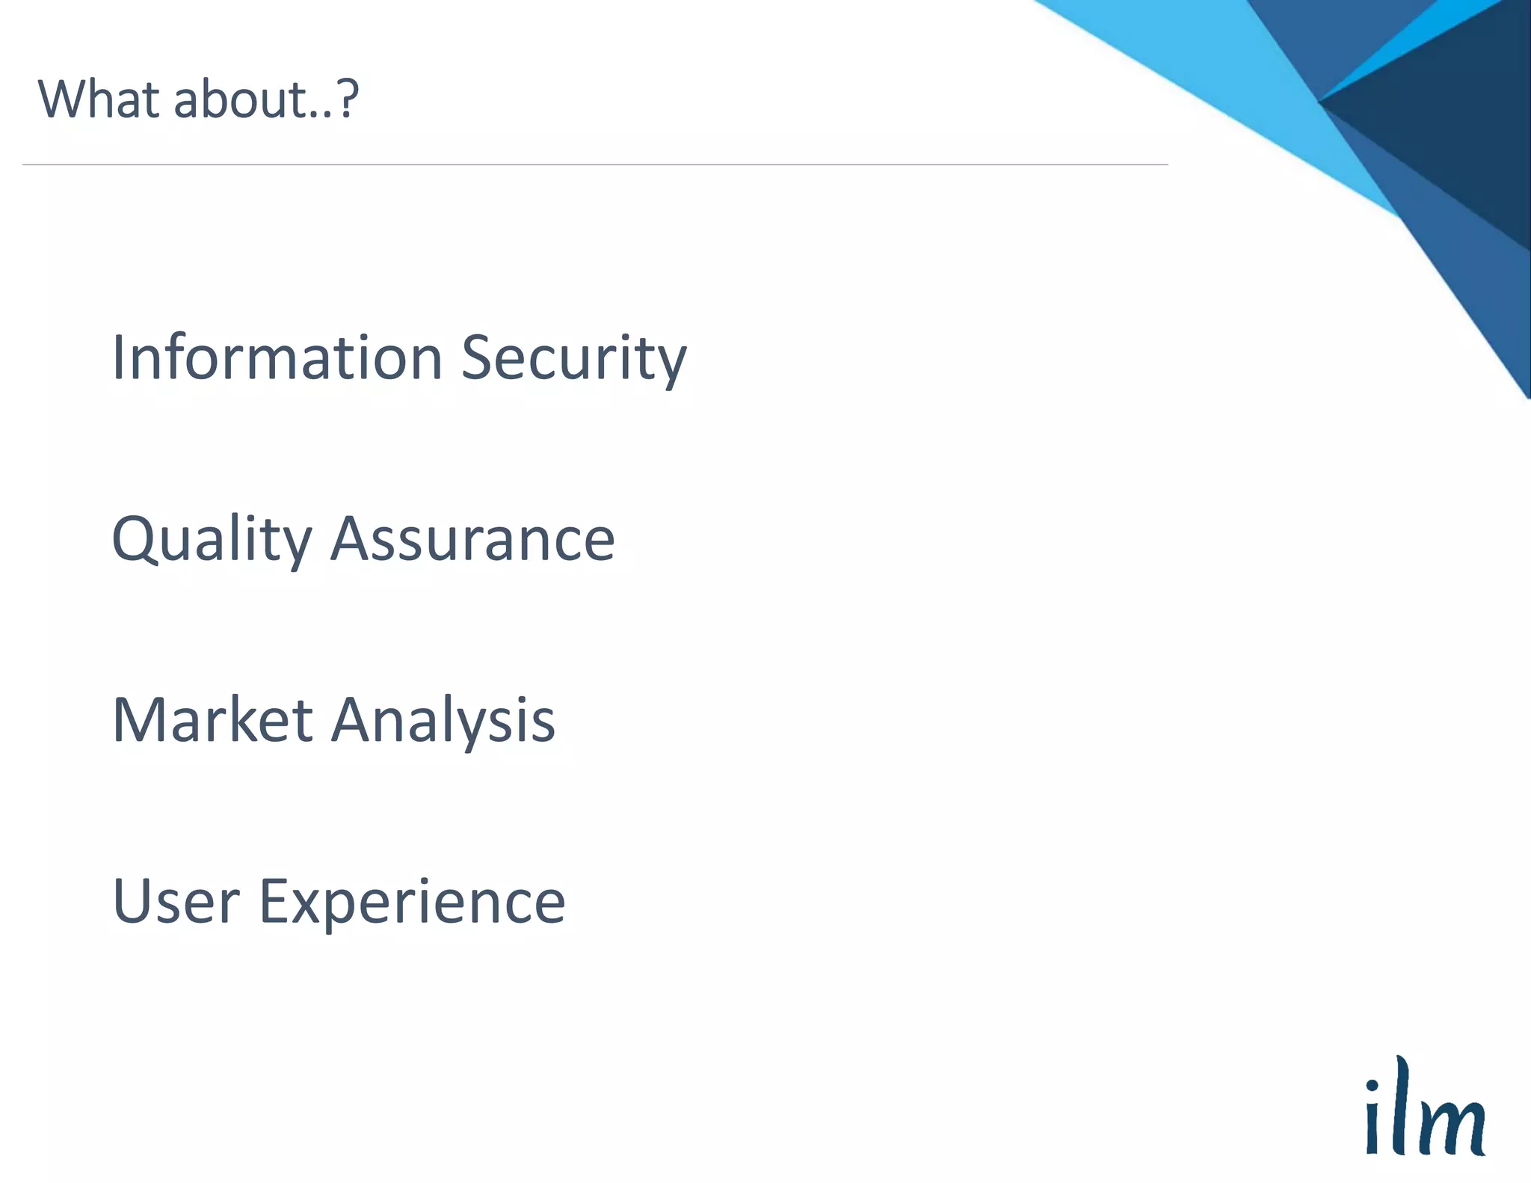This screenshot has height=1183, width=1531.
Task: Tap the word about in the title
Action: click(241, 99)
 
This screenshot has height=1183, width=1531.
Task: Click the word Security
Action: click(573, 359)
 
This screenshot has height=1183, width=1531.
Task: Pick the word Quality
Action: click(212, 540)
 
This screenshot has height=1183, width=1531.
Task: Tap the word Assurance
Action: click(472, 540)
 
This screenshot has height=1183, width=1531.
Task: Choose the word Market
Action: click(212, 720)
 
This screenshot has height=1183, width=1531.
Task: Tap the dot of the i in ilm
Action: click(1372, 1085)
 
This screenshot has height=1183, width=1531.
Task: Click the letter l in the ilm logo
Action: click(1399, 1105)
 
